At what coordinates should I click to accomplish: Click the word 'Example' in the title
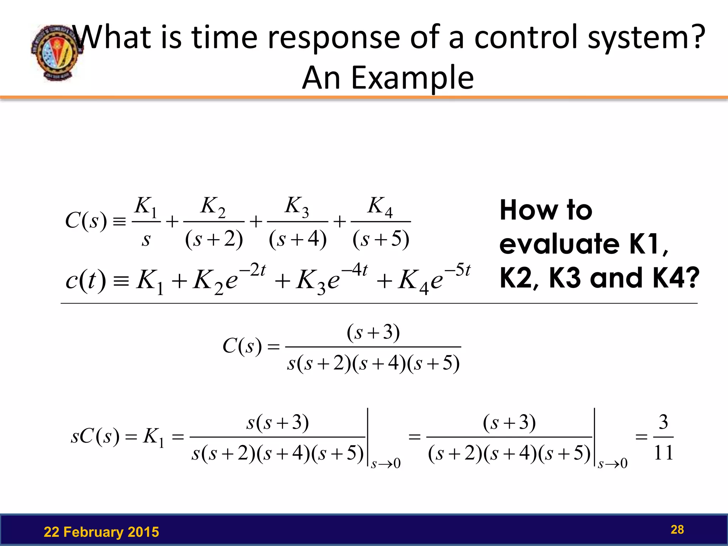point(412,78)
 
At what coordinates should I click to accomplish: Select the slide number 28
point(677,529)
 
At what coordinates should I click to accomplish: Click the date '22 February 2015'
point(101,532)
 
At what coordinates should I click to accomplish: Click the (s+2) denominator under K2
point(214,239)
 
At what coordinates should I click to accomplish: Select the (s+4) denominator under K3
point(298,239)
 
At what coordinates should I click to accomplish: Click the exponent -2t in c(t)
point(252,270)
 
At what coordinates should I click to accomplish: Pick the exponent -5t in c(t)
point(457,270)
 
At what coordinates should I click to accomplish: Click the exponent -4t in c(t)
point(355,270)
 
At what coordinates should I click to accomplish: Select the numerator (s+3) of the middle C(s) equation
point(373,332)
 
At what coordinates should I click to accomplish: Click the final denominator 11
point(663,453)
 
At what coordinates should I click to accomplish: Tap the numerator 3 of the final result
point(663,422)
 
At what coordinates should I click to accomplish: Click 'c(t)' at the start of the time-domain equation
point(86,280)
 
